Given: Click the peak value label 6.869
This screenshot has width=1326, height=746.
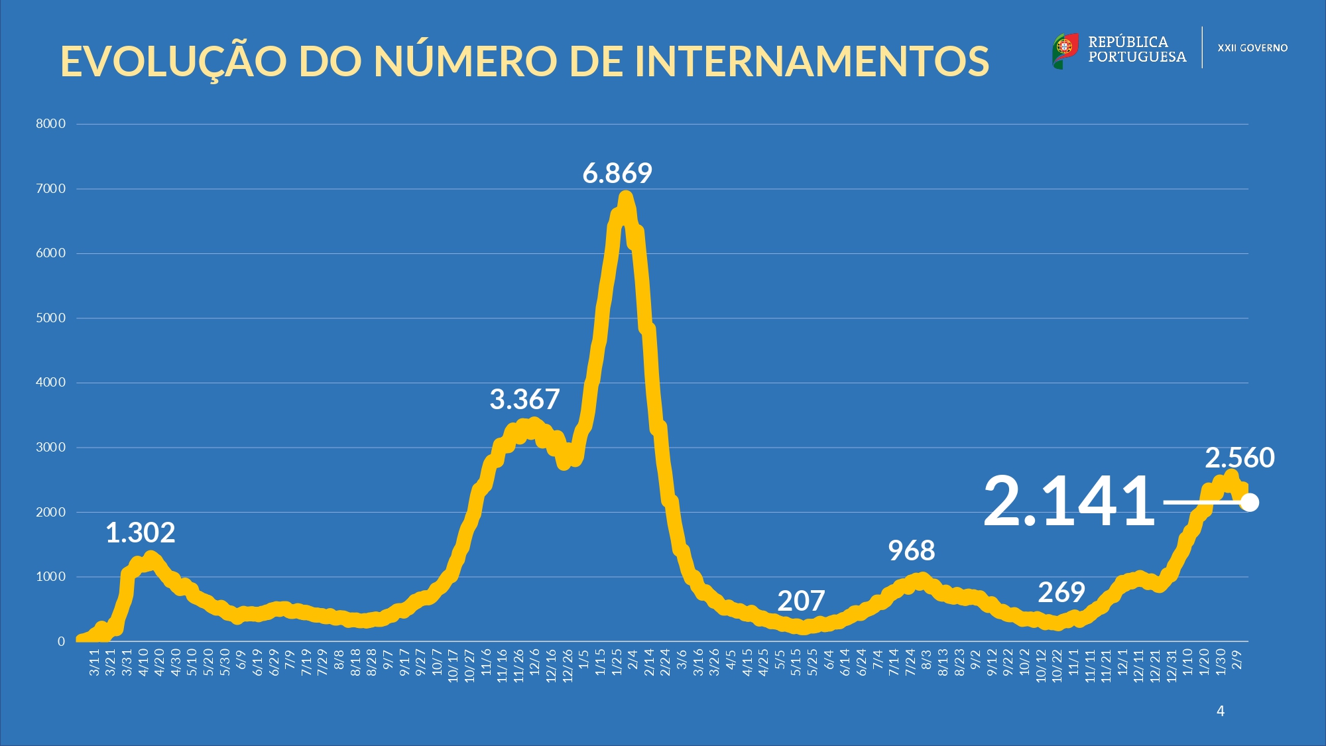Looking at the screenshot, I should (x=617, y=174).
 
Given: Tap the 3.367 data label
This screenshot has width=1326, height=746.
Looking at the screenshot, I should (x=524, y=400).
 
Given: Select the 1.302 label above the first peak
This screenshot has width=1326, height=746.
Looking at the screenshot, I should (x=141, y=533).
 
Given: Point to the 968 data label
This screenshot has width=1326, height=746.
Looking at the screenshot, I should (x=912, y=551).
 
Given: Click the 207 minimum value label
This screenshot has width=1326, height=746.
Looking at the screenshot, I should (x=801, y=601).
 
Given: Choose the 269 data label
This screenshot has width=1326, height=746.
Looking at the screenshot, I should (x=1061, y=593).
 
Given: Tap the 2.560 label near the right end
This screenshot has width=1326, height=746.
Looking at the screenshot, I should (x=1239, y=458).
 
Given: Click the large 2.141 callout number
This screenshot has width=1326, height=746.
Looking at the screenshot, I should (x=1069, y=502).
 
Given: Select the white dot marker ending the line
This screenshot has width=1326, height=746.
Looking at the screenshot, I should (x=1249, y=503).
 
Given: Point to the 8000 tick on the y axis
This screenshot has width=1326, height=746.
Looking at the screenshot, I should (x=51, y=124).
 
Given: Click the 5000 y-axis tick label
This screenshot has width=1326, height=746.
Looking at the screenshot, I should (x=51, y=318).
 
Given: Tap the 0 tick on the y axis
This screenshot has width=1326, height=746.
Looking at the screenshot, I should (x=61, y=642).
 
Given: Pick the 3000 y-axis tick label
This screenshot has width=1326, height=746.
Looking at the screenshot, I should (x=51, y=448).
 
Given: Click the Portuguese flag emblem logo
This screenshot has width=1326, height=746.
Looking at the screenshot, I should (x=1065, y=49).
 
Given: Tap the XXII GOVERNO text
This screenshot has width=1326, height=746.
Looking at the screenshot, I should (x=1252, y=48).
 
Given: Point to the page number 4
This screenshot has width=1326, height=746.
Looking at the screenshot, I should (x=1221, y=712).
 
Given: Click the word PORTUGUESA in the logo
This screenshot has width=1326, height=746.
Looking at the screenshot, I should (x=1137, y=57).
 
